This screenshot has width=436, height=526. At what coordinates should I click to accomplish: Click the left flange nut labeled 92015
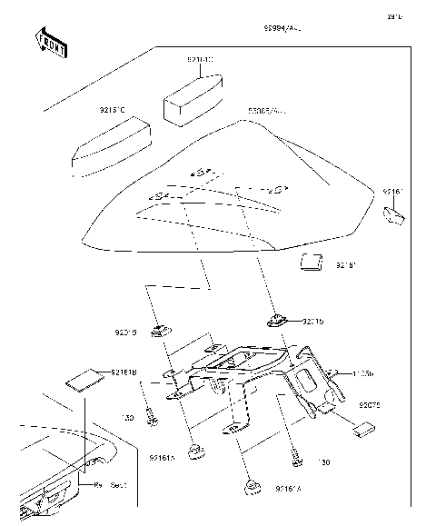point(161,329)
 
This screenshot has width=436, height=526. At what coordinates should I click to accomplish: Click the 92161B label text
point(124,372)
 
